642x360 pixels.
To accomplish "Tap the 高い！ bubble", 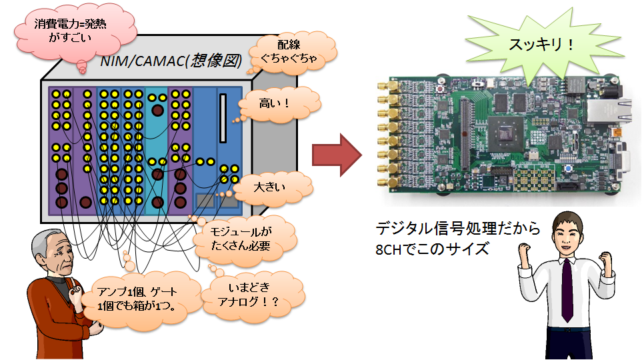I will [x=274, y=103].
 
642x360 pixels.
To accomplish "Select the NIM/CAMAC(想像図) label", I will [x=169, y=61].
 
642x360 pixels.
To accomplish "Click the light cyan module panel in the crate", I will [x=157, y=147].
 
